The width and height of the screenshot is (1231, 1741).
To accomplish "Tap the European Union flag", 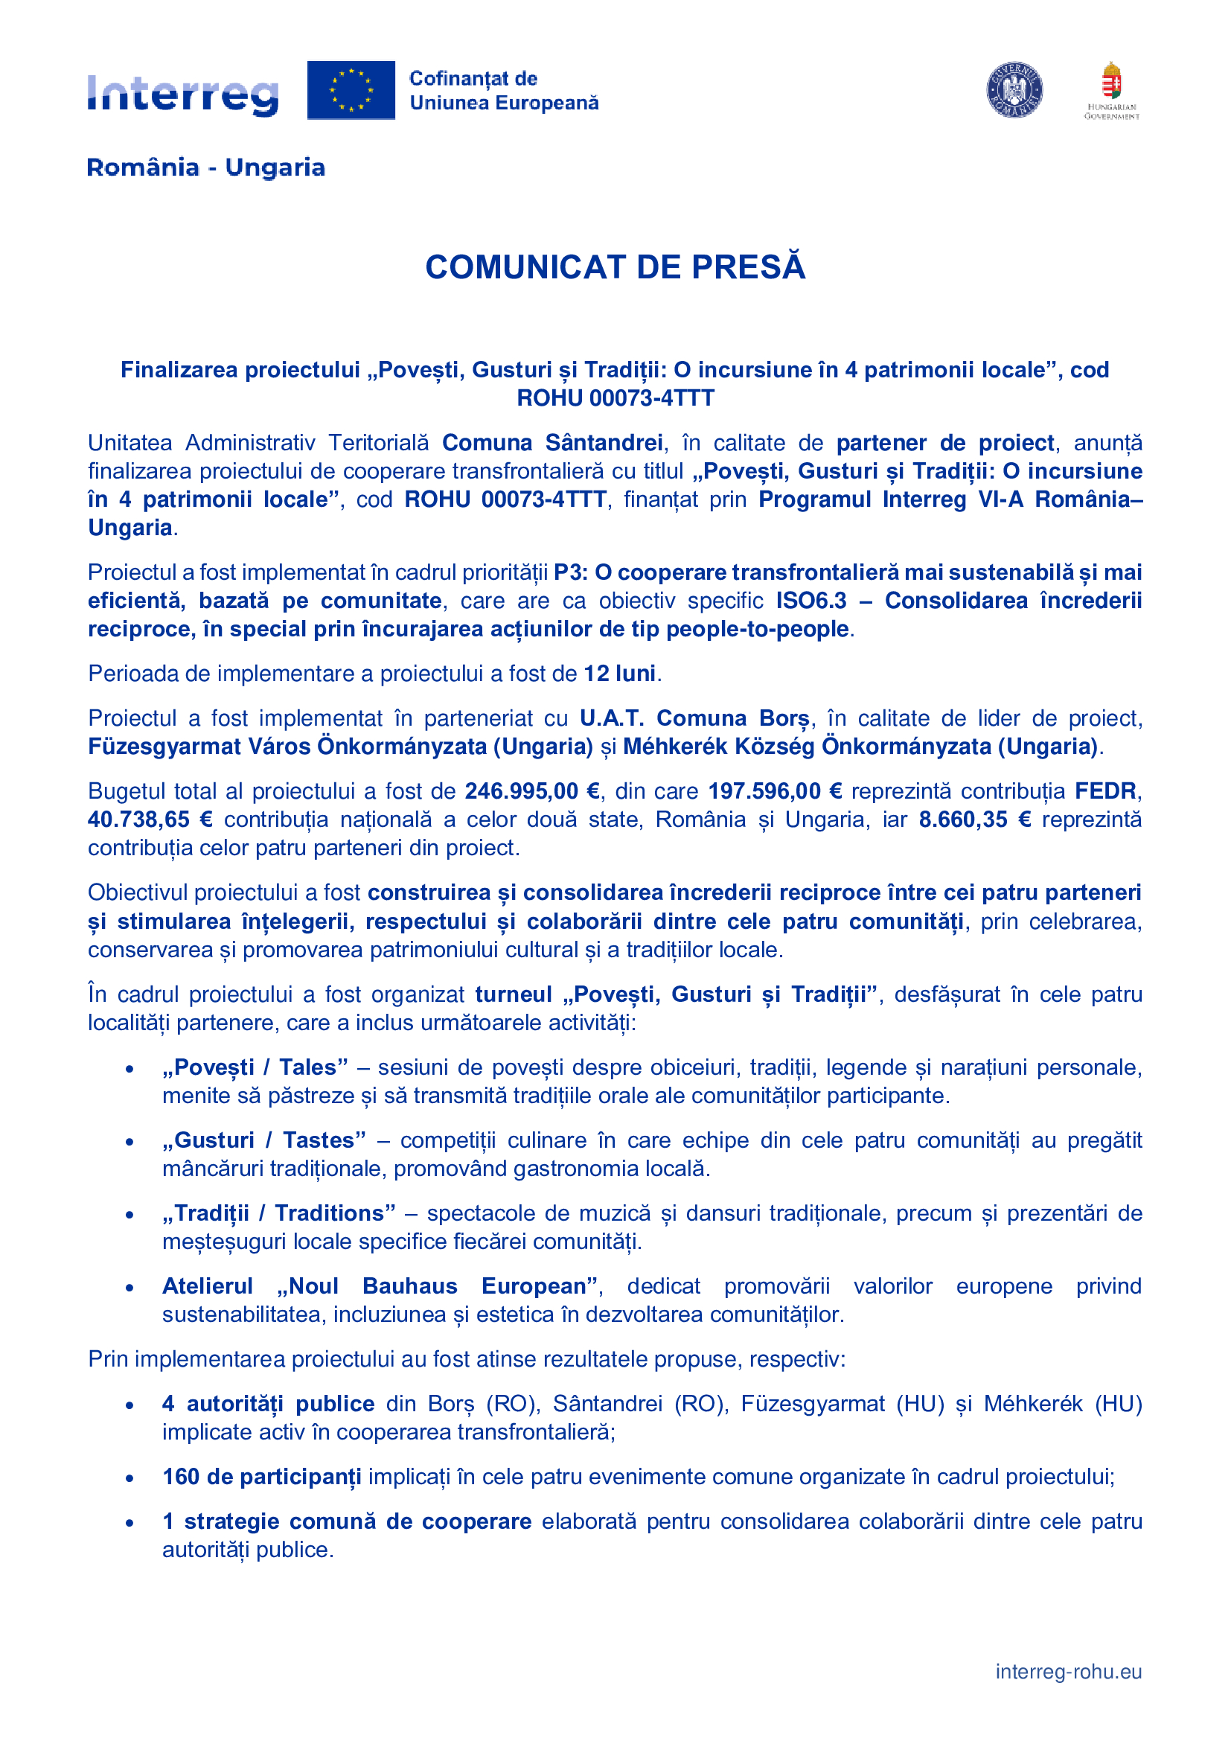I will coord(351,90).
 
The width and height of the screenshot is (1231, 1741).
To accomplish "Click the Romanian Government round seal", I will coord(1014,90).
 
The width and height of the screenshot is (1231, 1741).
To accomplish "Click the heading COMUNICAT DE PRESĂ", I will coord(615,268).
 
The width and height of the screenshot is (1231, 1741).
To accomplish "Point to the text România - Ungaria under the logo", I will coord(205,167).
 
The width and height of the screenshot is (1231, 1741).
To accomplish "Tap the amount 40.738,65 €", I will coord(150,820).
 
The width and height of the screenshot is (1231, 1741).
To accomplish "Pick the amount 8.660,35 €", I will coord(974,820).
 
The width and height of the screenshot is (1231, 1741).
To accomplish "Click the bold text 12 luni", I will coord(619,674).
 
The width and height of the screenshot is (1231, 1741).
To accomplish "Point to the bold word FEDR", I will coord(1105,791).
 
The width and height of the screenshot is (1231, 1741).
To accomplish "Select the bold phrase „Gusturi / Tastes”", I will coord(263,1140).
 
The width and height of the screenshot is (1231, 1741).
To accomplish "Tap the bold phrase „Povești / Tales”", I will coord(255,1067).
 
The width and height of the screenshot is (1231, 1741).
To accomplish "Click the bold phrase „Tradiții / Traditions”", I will coord(278,1213).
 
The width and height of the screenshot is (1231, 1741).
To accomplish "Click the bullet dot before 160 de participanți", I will coord(130,1478).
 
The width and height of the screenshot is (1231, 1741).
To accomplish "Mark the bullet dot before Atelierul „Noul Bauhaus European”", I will coord(130,1287).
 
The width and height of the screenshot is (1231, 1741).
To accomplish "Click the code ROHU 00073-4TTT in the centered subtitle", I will coord(615,398).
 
